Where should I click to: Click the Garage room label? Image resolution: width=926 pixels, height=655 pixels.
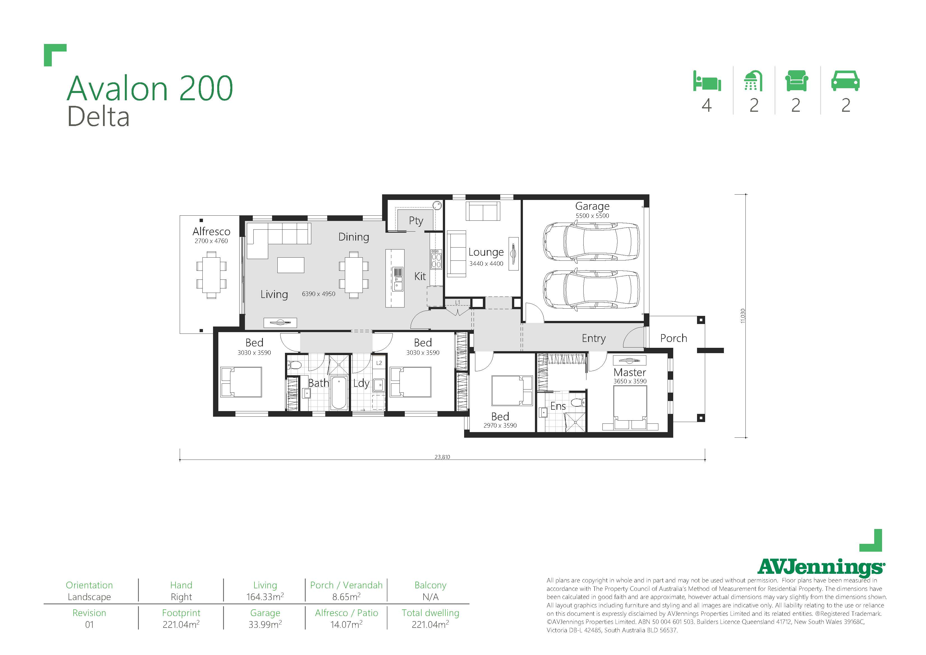(x=592, y=206)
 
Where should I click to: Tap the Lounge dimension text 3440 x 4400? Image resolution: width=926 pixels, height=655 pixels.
(x=486, y=264)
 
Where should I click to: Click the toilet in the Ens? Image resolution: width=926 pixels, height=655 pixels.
(x=577, y=402)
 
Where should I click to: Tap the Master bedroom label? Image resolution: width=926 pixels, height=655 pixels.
(x=630, y=372)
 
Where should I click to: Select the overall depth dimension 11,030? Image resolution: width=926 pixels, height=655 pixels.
(x=743, y=316)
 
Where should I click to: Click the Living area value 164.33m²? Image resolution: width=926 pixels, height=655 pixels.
(x=265, y=597)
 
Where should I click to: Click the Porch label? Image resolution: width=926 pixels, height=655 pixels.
(x=674, y=338)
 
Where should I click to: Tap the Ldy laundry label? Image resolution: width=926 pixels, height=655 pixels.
(x=361, y=383)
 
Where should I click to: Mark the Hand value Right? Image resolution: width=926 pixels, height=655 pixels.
(x=181, y=597)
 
